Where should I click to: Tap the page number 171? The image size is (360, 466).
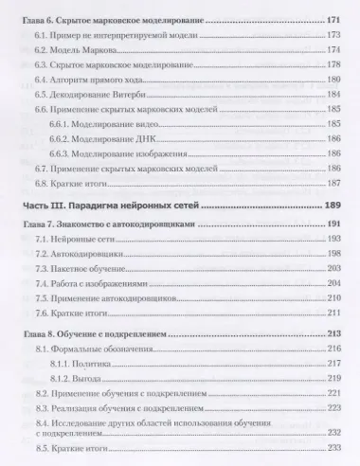click(x=332, y=18)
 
